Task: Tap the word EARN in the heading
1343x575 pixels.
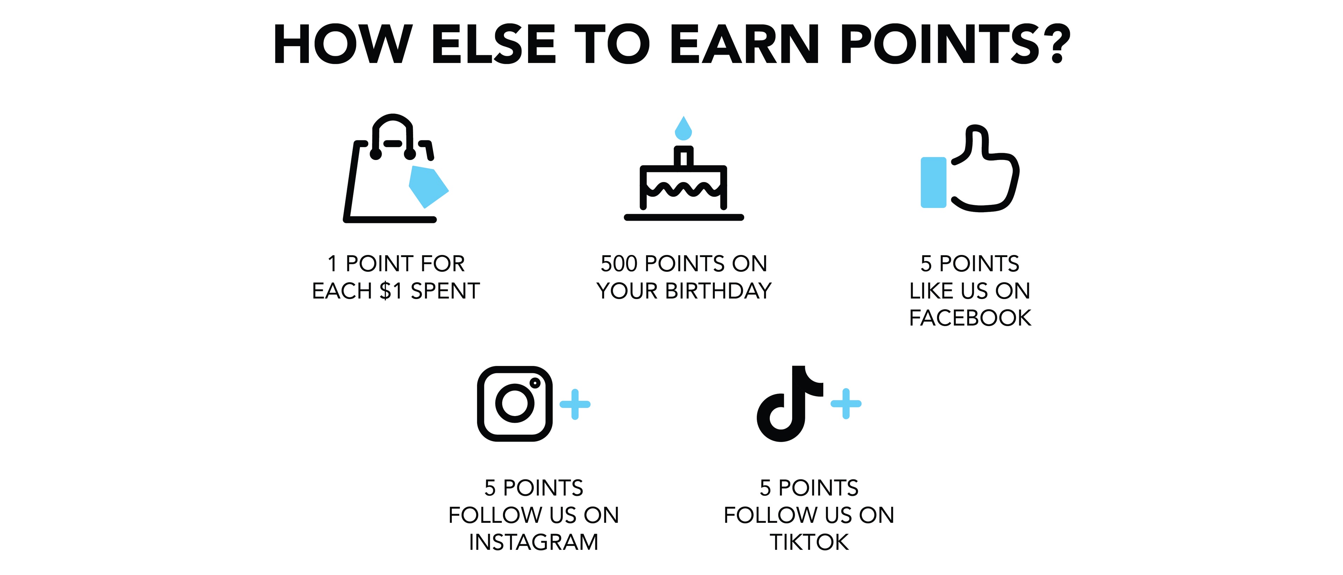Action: [745, 44]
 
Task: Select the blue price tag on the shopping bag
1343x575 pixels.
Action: [428, 187]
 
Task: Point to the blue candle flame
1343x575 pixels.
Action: [683, 129]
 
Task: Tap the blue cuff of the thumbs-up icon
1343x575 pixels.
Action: [933, 183]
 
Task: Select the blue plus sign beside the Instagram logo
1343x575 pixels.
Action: [575, 404]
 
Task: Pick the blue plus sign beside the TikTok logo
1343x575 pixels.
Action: [846, 403]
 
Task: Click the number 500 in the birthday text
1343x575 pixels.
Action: [619, 263]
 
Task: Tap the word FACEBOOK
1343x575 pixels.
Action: [970, 318]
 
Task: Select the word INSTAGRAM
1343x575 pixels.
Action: [533, 542]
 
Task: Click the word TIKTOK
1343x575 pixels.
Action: [809, 542]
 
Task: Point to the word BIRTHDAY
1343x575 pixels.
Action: [718, 291]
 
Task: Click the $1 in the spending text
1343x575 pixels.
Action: [391, 291]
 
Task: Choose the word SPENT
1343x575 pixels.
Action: [445, 291]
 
